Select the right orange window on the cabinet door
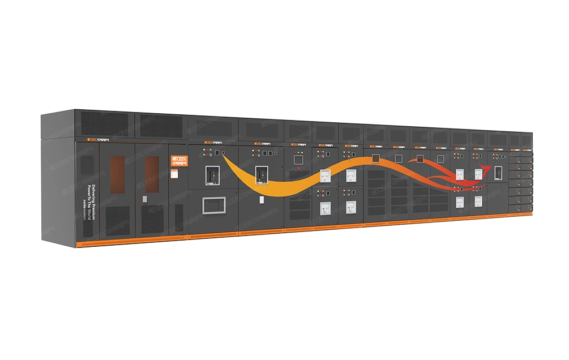tap(151, 172)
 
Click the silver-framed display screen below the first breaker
tap(214, 205)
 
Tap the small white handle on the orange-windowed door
tap(145, 199)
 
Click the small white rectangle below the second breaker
tap(262, 199)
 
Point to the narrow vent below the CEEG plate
tap(179, 216)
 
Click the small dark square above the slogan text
tap(86, 164)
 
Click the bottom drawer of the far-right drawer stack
tap(521, 207)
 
